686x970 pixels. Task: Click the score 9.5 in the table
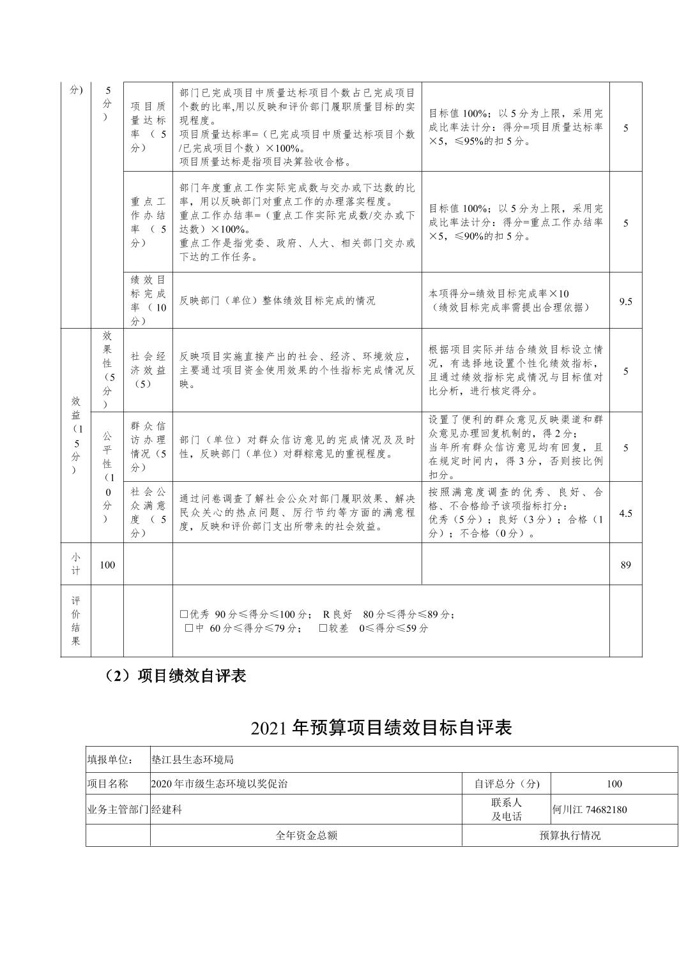[x=625, y=301]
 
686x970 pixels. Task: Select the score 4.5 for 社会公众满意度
[x=625, y=513]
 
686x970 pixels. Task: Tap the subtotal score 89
[x=625, y=565]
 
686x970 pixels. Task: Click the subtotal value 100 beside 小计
[x=107, y=565]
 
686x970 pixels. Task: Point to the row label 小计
[x=75, y=563]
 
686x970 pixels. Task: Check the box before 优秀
[x=184, y=615]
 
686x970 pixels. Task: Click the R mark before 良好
[x=326, y=615]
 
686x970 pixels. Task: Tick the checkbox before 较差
[x=323, y=628]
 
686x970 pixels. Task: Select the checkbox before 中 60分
[x=189, y=628]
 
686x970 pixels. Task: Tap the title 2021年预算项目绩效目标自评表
[x=381, y=727]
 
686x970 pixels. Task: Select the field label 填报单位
[x=110, y=759]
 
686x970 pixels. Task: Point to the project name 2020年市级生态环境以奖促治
[x=219, y=784]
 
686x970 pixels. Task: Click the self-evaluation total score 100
[x=614, y=784]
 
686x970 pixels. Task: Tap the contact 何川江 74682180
[x=590, y=810]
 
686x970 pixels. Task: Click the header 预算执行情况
[x=570, y=835]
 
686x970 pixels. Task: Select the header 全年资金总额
[x=306, y=835]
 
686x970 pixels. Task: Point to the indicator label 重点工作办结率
[x=148, y=222]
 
